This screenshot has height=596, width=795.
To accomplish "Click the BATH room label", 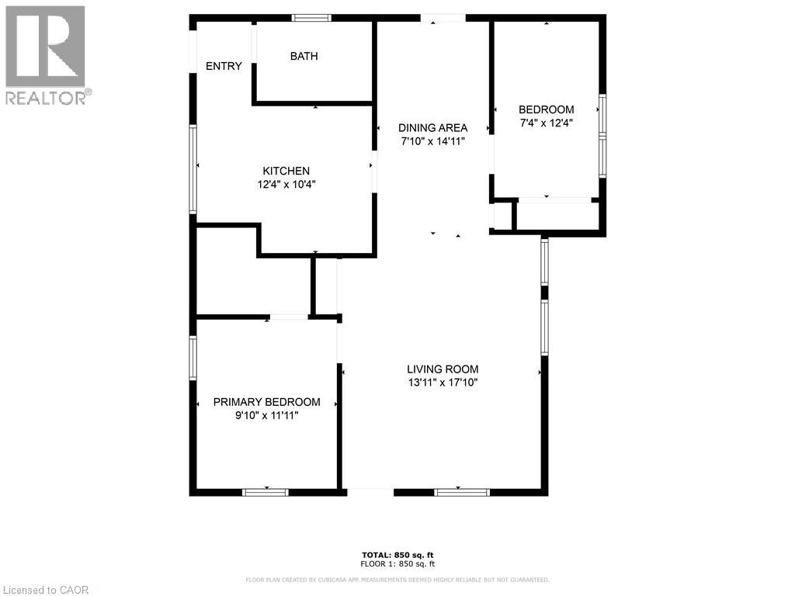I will [x=304, y=56].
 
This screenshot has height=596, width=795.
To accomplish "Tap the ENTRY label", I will [x=224, y=67].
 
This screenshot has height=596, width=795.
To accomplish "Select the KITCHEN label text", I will [x=286, y=171].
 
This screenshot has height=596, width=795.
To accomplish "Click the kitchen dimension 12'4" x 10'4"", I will [x=286, y=185].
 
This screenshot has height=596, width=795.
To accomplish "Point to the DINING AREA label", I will [x=432, y=128].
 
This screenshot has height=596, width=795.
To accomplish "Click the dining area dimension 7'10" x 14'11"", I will [x=432, y=141].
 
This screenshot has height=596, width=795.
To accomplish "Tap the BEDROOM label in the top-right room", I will [x=547, y=109].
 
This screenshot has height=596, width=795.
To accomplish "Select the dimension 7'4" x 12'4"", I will [x=547, y=123].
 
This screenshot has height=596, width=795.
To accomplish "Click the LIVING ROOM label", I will [x=443, y=369].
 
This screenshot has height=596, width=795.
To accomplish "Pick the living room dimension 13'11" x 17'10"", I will [x=443, y=383].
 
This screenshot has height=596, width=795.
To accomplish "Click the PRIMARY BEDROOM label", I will [x=266, y=402].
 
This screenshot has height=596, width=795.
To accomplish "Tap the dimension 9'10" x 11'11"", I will [x=266, y=415].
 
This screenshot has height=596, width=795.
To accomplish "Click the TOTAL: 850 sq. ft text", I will [x=398, y=554].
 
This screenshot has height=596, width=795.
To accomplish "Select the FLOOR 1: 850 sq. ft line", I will [x=398, y=564].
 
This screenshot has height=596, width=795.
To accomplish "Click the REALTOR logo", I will [x=47, y=54].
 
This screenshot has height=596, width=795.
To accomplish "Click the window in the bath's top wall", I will [x=311, y=17].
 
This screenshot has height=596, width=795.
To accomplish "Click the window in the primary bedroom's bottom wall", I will [x=266, y=492].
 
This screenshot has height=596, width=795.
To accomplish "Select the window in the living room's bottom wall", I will [x=461, y=492].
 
